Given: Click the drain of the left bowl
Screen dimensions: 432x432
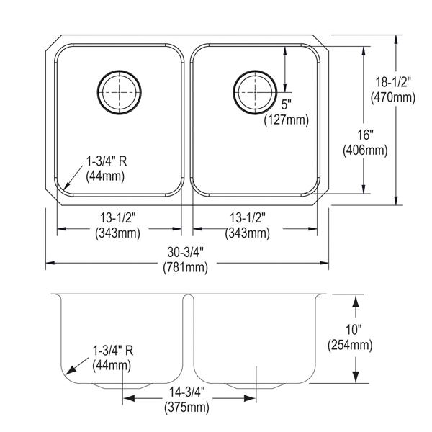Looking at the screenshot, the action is pyautogui.click(x=120, y=92).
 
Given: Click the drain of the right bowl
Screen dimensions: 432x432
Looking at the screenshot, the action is pyautogui.click(x=255, y=92).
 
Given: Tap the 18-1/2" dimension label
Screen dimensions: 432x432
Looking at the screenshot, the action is pyautogui.click(x=393, y=82).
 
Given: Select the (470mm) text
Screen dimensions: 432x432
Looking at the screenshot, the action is pyautogui.click(x=393, y=97).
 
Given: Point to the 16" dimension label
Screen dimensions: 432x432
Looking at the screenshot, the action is pyautogui.click(x=365, y=135).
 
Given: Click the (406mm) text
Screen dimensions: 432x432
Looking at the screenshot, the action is pyautogui.click(x=365, y=150).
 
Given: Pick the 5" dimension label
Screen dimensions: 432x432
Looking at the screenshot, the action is pyautogui.click(x=287, y=104).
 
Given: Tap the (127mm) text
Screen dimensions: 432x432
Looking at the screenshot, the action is pyautogui.click(x=287, y=120).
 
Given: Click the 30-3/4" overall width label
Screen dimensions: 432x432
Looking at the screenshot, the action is pyautogui.click(x=186, y=252).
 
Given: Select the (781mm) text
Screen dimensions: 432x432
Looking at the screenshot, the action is pyautogui.click(x=186, y=268).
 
